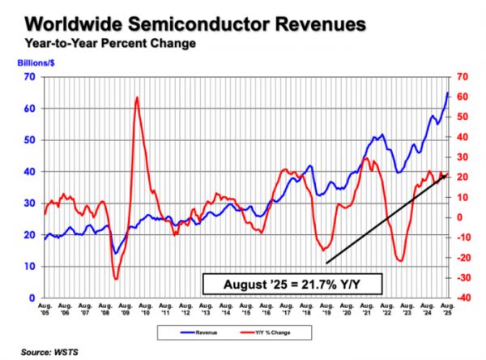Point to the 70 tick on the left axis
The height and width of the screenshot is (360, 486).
click(x=30, y=76)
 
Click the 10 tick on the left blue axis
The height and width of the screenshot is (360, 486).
click(x=30, y=267)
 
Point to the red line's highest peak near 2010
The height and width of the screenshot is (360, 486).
click(x=137, y=97)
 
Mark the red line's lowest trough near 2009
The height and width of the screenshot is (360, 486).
click(x=116, y=279)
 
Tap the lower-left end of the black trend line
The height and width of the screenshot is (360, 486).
click(x=326, y=263)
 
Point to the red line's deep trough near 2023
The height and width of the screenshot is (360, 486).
click(x=400, y=261)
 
